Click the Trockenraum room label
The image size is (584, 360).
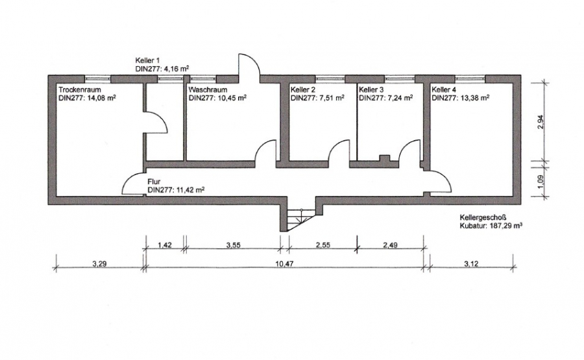tap(80, 90)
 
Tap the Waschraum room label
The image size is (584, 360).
tap(208, 90)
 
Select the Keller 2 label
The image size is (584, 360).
tap(303, 90)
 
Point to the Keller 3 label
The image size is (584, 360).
tap(371, 90)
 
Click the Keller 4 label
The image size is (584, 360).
tap(444, 90)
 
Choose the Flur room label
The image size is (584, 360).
tap(154, 182)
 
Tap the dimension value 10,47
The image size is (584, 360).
tap(284, 264)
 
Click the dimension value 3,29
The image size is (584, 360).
tap(99, 264)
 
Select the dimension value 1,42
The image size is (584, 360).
tap(165, 245)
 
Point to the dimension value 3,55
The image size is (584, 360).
tap(233, 245)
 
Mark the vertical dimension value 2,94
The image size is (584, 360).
tap(541, 122)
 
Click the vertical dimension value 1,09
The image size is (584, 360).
tap(541, 181)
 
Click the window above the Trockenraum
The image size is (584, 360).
tap(97, 78)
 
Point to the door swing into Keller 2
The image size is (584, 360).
tap(339, 150)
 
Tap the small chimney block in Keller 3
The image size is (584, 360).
tap(385, 158)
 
